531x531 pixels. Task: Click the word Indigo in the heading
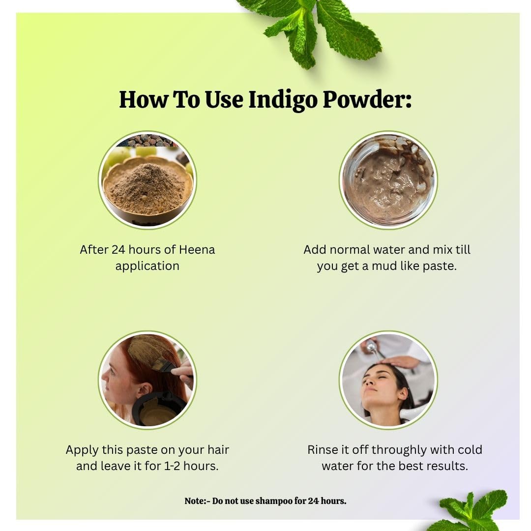(x=283, y=100)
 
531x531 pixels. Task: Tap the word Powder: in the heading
(x=367, y=99)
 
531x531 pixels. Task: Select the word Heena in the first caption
(x=197, y=250)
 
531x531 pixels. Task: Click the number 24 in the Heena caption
(x=118, y=250)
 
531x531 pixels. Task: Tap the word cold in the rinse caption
(x=470, y=450)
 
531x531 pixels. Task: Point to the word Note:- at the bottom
(x=197, y=501)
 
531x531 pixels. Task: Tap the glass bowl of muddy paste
(x=388, y=180)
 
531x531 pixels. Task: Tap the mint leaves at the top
(x=312, y=30)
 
